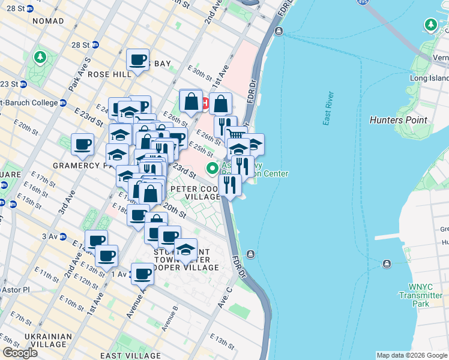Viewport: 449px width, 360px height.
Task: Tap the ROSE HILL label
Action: coord(109,74)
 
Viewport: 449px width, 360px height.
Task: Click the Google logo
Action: coord(20,353)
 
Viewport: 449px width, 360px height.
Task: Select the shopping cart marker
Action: coord(236,135)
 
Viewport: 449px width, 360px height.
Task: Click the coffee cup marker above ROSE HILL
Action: coord(138,60)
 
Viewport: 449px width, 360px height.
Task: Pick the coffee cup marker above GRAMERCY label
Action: coord(83,144)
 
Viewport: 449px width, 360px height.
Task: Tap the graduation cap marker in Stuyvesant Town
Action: coord(185,249)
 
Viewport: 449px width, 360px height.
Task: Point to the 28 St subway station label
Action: coord(82,45)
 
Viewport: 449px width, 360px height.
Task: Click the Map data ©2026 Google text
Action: coord(412,355)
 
